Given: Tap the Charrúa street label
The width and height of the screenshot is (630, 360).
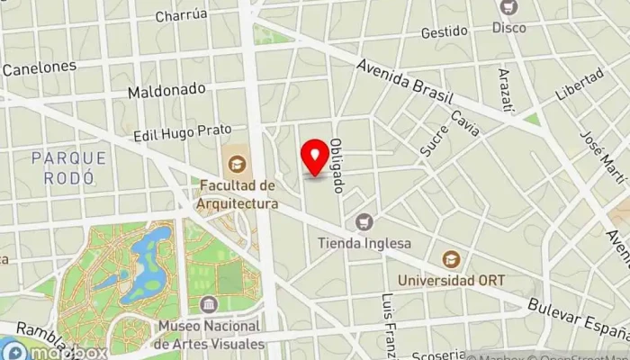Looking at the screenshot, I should (181, 14).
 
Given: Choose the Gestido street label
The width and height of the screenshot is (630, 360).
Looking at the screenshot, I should (444, 32).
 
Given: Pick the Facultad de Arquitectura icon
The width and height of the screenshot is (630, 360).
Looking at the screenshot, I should (238, 163).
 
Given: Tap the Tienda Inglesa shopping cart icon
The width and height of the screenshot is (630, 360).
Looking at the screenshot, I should (364, 221).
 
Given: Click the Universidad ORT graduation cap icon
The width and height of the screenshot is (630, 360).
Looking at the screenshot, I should (450, 259).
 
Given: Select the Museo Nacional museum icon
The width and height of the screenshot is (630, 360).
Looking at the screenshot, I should (209, 304).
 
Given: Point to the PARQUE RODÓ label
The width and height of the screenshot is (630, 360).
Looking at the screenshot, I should (69, 167).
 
